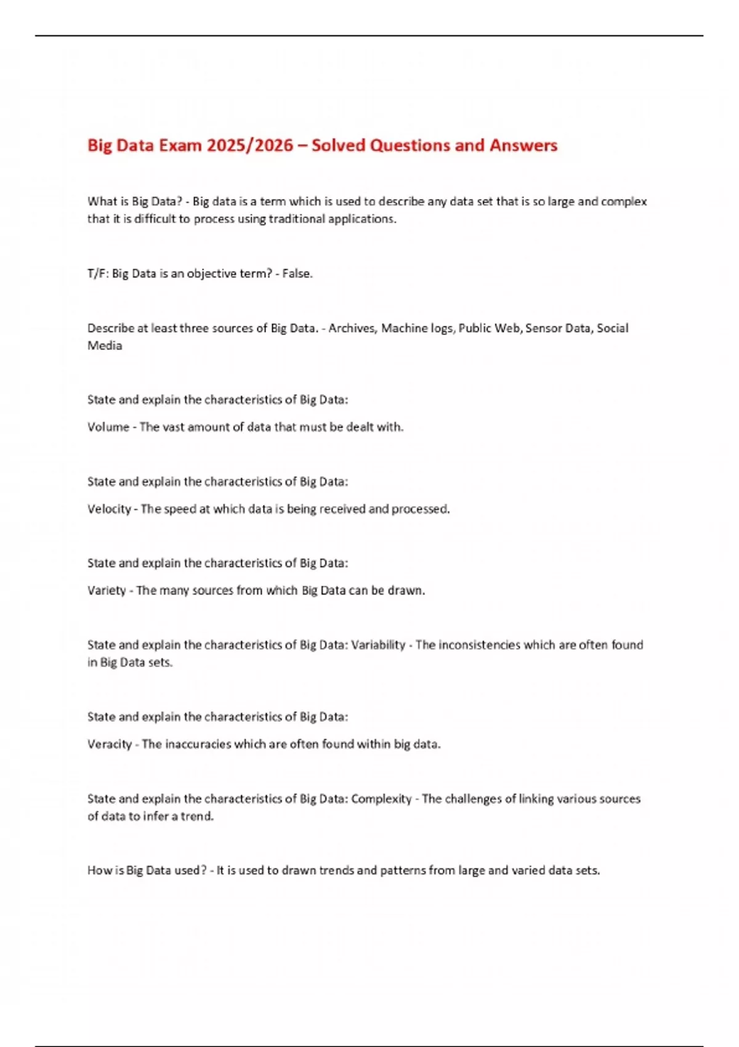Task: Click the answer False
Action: tap(296, 273)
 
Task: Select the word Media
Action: tap(105, 346)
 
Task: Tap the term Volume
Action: tap(108, 427)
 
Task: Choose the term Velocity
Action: tap(109, 509)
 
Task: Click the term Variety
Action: tap(107, 591)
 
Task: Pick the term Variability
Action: tap(378, 645)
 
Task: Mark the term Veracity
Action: tap(110, 744)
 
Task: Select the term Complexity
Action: tap(381, 799)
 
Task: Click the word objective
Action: tap(211, 273)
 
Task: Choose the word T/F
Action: tap(97, 273)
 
